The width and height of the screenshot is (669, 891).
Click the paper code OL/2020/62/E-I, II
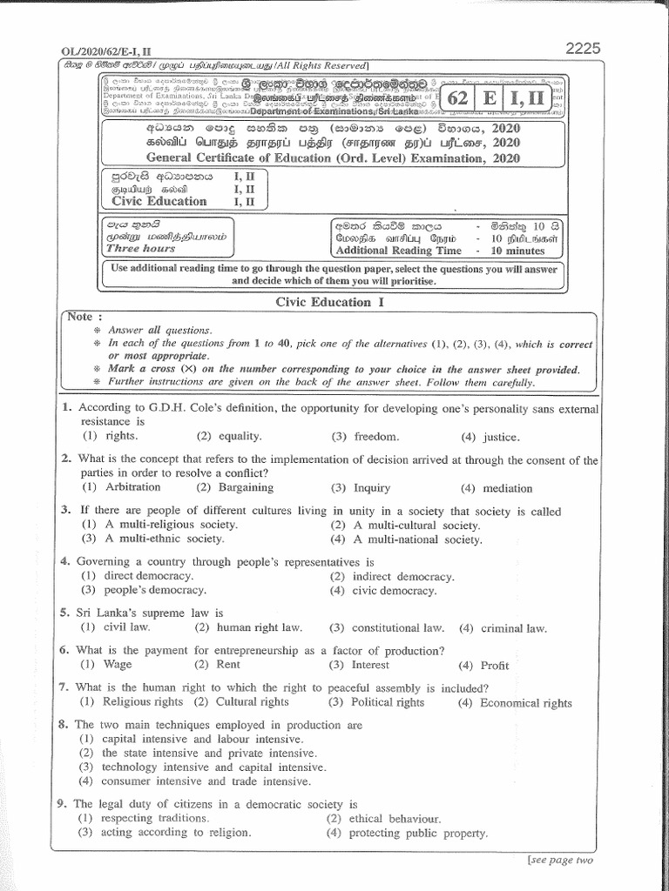tap(98, 52)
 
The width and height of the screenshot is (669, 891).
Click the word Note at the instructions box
tap(84, 317)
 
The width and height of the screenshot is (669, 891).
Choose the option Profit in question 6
tap(493, 665)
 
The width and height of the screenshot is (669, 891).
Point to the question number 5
tap(64, 613)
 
